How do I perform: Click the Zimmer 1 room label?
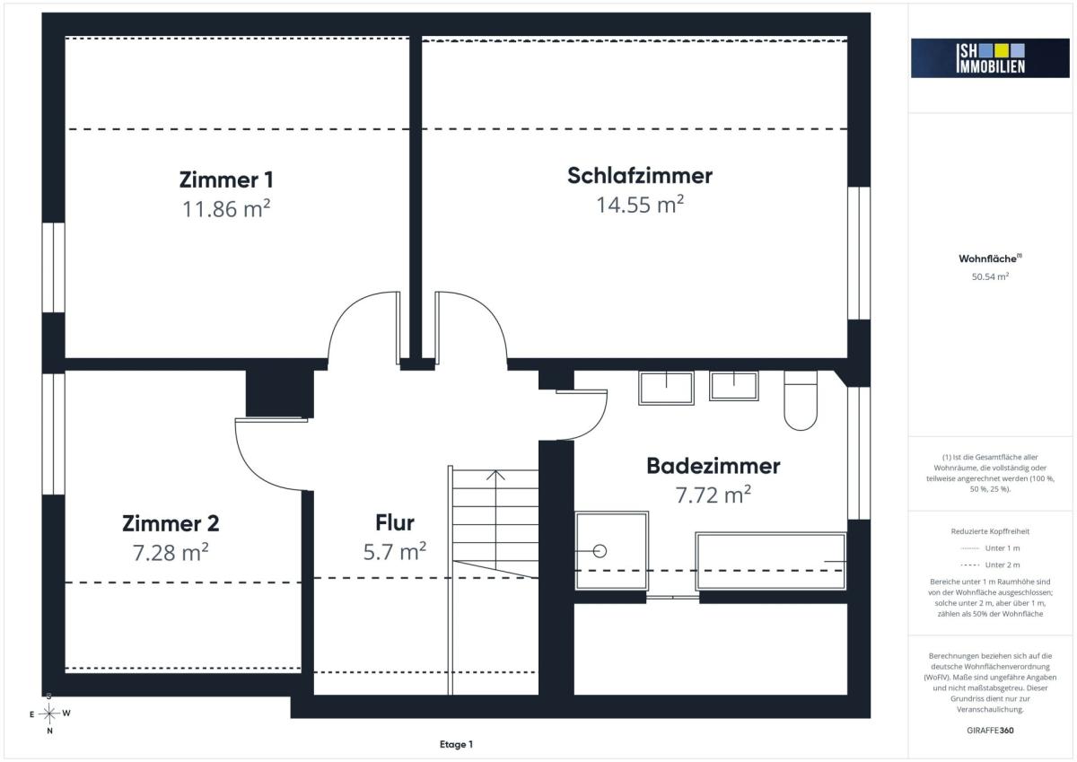click(x=226, y=180)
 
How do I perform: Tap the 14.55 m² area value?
click(x=639, y=205)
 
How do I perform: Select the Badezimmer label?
click(x=713, y=466)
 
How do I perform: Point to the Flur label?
click(x=395, y=522)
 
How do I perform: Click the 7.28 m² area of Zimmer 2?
click(x=171, y=552)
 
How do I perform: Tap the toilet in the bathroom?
click(x=801, y=400)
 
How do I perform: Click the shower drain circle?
click(x=600, y=551)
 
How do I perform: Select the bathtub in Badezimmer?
click(x=771, y=561)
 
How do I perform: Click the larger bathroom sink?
click(x=666, y=388)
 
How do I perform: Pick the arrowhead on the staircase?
click(x=495, y=475)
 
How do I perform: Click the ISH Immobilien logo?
click(x=990, y=58)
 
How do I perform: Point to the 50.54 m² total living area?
click(x=990, y=276)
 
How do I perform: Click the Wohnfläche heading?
click(x=990, y=258)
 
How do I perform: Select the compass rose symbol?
click(x=49, y=714)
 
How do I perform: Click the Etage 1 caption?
click(x=456, y=744)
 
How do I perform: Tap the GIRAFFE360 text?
click(x=990, y=731)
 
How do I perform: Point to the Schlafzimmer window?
click(x=859, y=253)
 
